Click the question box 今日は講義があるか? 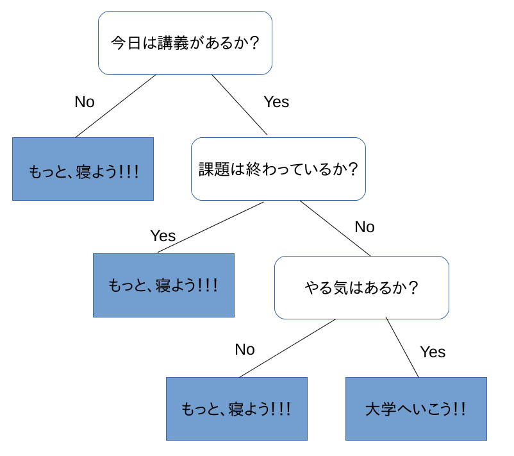click(x=185, y=43)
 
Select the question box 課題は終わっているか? click(x=278, y=169)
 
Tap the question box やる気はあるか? click(x=361, y=287)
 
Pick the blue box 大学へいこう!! click(x=416, y=409)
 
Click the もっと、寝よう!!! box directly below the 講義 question click(x=83, y=169)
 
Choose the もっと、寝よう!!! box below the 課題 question click(x=163, y=285)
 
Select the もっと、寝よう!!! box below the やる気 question click(x=236, y=409)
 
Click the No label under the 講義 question click(x=85, y=102)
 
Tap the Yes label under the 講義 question click(x=276, y=102)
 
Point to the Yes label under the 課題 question click(x=163, y=235)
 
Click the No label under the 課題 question click(x=365, y=226)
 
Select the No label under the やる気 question click(x=245, y=350)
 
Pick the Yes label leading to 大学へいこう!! click(x=433, y=352)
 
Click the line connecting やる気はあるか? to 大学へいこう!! click(x=402, y=347)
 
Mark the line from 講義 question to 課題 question click(x=239, y=105)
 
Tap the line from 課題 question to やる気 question click(x=335, y=228)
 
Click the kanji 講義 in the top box click(x=173, y=43)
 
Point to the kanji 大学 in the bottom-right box click(x=381, y=409)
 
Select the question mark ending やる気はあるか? click(x=413, y=287)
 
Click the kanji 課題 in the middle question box click(x=214, y=169)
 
